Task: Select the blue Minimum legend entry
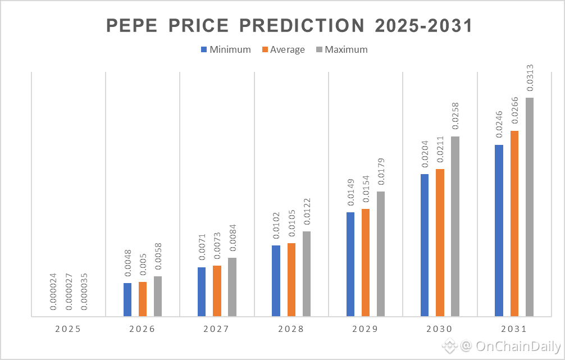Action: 225,49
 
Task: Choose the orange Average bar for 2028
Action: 291,279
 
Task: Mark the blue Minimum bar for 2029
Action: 350,264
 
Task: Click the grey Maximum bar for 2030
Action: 455,226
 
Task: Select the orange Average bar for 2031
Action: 514,224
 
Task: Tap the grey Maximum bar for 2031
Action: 530,207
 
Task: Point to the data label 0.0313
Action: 530,78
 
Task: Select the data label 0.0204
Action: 425,153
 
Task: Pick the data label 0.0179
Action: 381,172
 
